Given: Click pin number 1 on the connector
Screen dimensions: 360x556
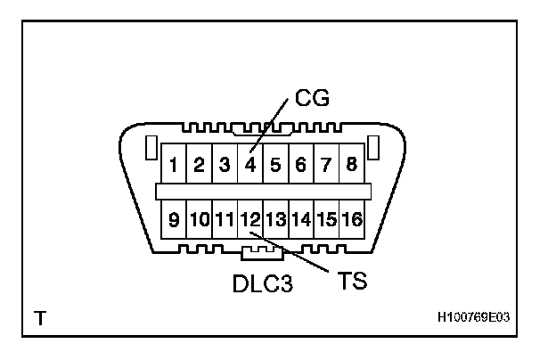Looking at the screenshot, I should [x=175, y=165].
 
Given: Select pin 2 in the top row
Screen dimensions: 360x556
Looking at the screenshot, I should [x=200, y=165].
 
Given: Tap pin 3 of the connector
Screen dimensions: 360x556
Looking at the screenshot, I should [x=225, y=165].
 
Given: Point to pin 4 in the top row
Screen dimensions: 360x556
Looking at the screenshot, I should [x=251, y=165].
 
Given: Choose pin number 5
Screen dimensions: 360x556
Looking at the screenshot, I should [x=276, y=165].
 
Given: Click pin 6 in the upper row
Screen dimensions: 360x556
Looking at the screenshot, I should [x=301, y=165].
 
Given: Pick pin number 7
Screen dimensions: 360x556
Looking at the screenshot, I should [x=327, y=165].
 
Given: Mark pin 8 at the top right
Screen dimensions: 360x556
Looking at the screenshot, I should [x=352, y=165].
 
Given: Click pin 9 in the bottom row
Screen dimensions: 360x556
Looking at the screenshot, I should [x=175, y=217].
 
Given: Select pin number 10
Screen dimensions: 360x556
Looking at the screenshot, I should [x=200, y=217].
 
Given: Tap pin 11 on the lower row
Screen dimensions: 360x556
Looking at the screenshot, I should [x=225, y=217].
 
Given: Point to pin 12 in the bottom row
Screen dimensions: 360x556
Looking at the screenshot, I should [x=251, y=217].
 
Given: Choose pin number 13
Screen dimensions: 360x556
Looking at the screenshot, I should [x=276, y=217].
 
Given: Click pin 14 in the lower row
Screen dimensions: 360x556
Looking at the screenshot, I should [x=301, y=217].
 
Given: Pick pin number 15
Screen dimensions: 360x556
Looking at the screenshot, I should [x=327, y=217].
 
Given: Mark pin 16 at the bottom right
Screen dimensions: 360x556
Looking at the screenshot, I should [x=352, y=217].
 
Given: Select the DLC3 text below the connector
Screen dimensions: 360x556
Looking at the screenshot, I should [x=262, y=285].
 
